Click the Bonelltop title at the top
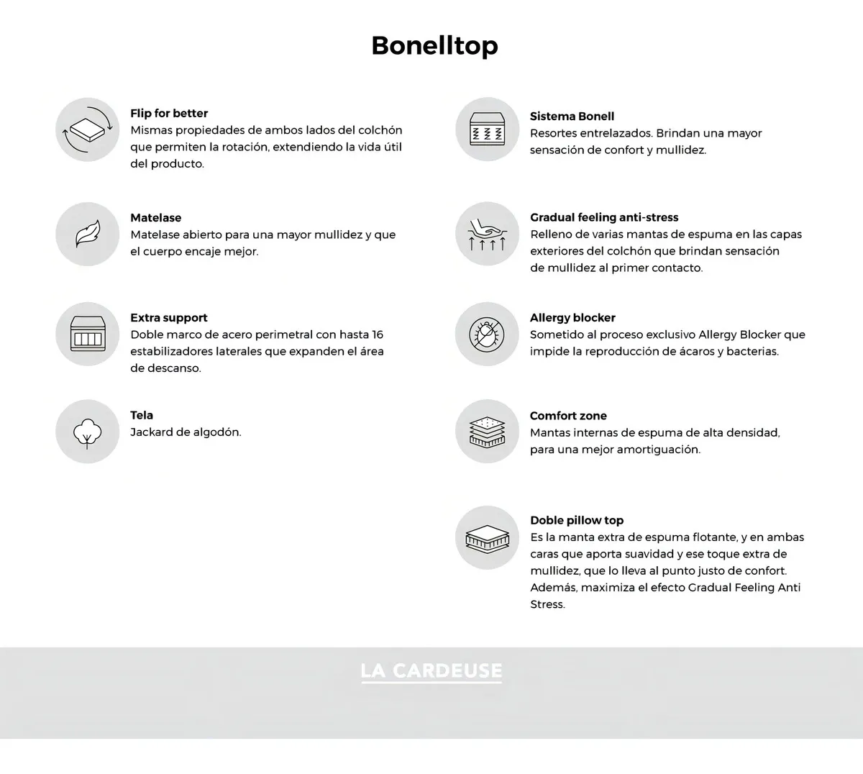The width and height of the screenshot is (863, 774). coord(434,45)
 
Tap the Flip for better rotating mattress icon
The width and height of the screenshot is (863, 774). coord(87,129)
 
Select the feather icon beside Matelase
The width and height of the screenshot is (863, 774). coord(87,235)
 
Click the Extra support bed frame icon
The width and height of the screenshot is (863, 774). coord(87,334)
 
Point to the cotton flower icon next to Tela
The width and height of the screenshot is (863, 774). coord(87,432)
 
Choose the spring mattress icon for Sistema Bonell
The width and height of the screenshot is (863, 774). coord(487,129)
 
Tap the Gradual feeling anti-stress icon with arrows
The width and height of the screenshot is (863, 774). coord(487,235)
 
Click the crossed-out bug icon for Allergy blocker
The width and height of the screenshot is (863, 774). coord(487,334)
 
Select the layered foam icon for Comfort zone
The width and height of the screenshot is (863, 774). coord(487,432)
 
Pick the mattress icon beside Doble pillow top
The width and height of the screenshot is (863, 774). coord(487,537)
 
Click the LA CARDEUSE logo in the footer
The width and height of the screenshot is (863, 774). coord(431,671)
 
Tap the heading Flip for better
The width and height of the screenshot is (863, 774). coord(169,113)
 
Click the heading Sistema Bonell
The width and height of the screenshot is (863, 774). coord(572,116)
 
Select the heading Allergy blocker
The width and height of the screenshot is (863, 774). coord(572,317)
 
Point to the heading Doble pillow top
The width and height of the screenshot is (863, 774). coord(577,520)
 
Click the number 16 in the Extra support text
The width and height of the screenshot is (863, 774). coord(378,334)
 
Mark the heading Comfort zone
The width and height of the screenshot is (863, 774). coord(568,416)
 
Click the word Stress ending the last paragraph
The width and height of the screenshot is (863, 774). coord(547,604)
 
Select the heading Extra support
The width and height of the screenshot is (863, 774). coord(169,317)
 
